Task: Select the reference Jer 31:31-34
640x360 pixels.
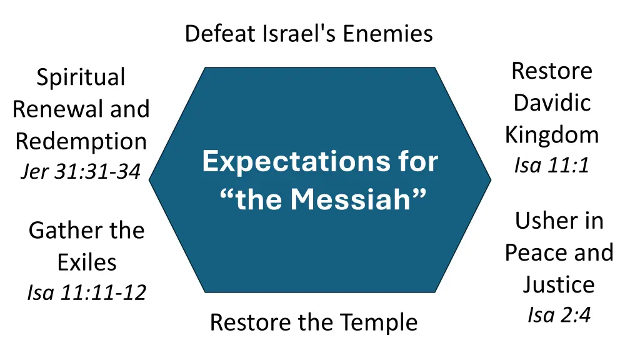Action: coord(80,171)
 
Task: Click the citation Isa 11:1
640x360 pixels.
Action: coord(552,166)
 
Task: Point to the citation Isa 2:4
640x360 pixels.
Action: coord(559,315)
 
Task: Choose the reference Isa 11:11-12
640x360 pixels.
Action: coord(86,292)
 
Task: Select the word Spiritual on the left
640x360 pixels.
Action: coord(81,77)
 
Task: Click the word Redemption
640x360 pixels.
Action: coord(81,141)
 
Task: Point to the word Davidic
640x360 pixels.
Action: coord(552,102)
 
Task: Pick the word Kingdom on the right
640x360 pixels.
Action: coord(552,134)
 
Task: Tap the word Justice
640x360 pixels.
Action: coord(559,284)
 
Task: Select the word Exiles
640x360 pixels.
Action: coord(87,262)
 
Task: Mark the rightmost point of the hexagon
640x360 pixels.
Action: coord(491,180)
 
